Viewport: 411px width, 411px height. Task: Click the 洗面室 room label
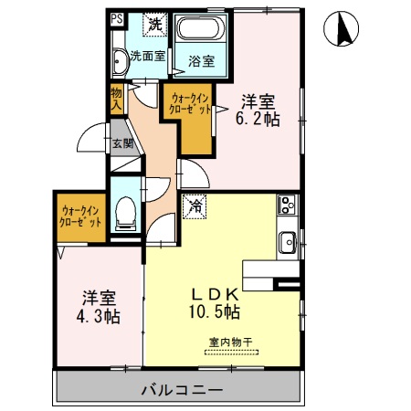pyautogui.click(x=148, y=56)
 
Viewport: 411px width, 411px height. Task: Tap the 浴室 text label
pyautogui.click(x=201, y=62)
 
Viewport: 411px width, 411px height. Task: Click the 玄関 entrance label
pyautogui.click(x=122, y=143)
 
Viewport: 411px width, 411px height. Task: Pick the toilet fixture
pyautogui.click(x=126, y=212)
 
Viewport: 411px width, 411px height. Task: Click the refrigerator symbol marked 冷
pyautogui.click(x=195, y=207)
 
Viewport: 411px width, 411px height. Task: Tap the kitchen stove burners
pyautogui.click(x=285, y=206)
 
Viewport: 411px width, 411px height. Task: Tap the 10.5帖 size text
pyautogui.click(x=216, y=313)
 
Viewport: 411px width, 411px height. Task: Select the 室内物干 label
pyautogui.click(x=230, y=342)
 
